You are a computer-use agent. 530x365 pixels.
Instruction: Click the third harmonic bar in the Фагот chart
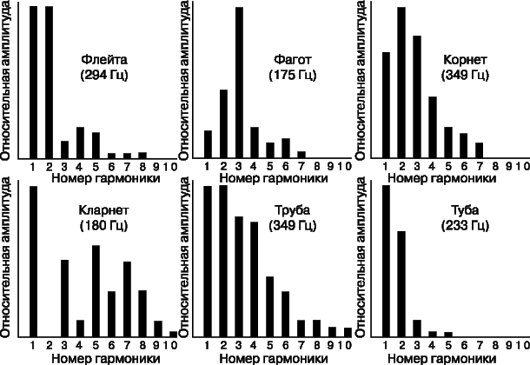tap(239, 83)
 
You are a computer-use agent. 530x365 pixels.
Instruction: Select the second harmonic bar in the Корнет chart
tap(401, 83)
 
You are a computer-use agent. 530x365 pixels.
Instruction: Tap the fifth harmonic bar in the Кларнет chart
tap(96, 291)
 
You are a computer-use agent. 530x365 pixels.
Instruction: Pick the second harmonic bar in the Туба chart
tap(401, 284)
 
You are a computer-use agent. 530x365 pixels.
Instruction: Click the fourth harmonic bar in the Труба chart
tap(255, 279)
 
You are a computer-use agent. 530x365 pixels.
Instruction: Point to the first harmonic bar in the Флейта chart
tap(33, 82)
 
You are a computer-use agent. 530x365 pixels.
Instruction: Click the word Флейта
tap(104, 59)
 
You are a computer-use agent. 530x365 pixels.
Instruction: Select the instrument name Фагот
tap(293, 59)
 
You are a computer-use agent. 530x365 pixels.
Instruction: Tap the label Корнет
tap(465, 59)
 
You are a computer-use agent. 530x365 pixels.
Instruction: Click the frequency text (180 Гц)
tap(103, 225)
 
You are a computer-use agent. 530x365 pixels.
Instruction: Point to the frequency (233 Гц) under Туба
tap(465, 225)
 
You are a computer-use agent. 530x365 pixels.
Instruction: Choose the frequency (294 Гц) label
tap(104, 75)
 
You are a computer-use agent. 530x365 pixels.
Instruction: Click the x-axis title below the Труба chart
tap(274, 358)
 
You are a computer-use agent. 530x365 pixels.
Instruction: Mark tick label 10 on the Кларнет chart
tap(170, 345)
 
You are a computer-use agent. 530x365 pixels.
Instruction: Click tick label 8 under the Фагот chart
tap(317, 166)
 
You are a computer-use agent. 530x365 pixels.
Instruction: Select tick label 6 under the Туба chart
tap(464, 345)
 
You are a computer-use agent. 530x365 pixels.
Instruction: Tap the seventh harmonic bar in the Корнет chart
tap(480, 150)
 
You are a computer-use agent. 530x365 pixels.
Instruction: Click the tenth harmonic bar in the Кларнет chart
tap(173, 334)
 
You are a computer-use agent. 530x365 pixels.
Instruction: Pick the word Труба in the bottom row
tap(293, 210)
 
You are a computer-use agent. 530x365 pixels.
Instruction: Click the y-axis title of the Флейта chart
tap(6, 81)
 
